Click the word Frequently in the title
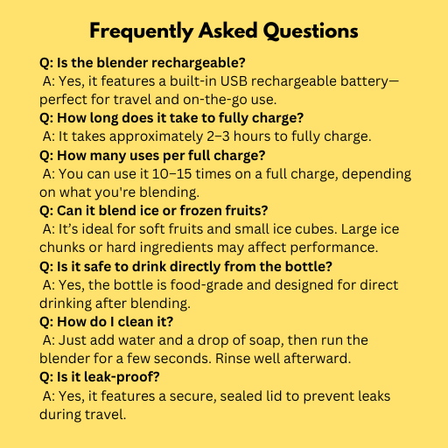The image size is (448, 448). (x=142, y=31)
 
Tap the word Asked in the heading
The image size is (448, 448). (x=228, y=31)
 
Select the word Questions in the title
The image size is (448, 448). (x=311, y=31)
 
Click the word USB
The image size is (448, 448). (x=234, y=81)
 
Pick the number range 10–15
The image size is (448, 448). (x=171, y=174)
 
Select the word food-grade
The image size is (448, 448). (x=206, y=285)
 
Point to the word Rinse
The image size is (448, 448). (x=230, y=359)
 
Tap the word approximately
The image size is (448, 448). (x=156, y=136)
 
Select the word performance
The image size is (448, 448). (x=334, y=248)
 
